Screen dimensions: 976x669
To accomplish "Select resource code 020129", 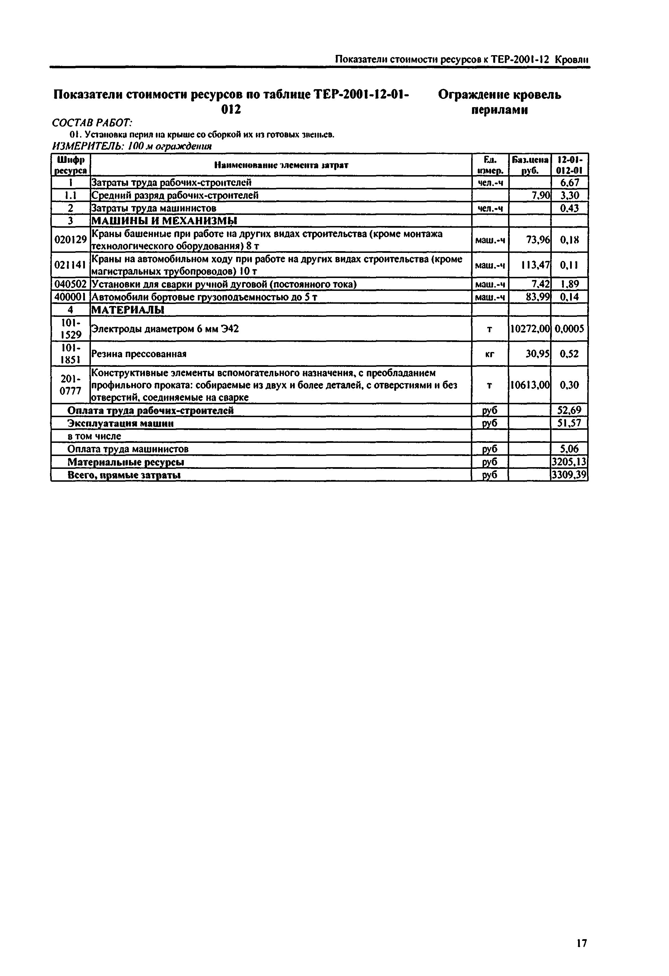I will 71,240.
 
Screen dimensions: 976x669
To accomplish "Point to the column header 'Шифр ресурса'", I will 71,165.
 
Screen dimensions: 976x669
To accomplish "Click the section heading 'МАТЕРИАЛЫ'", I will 128,310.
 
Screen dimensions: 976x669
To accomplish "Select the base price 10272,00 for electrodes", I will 530,329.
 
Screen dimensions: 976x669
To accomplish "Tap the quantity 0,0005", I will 570,329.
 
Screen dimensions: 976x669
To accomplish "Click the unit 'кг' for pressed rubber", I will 489,354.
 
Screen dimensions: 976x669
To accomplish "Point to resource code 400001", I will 71,297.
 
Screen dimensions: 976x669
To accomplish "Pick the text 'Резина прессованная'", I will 139,354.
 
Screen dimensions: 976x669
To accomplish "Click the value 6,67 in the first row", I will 570,182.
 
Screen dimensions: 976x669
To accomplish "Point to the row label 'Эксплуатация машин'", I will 121,423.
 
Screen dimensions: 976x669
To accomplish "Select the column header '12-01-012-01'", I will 570,165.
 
